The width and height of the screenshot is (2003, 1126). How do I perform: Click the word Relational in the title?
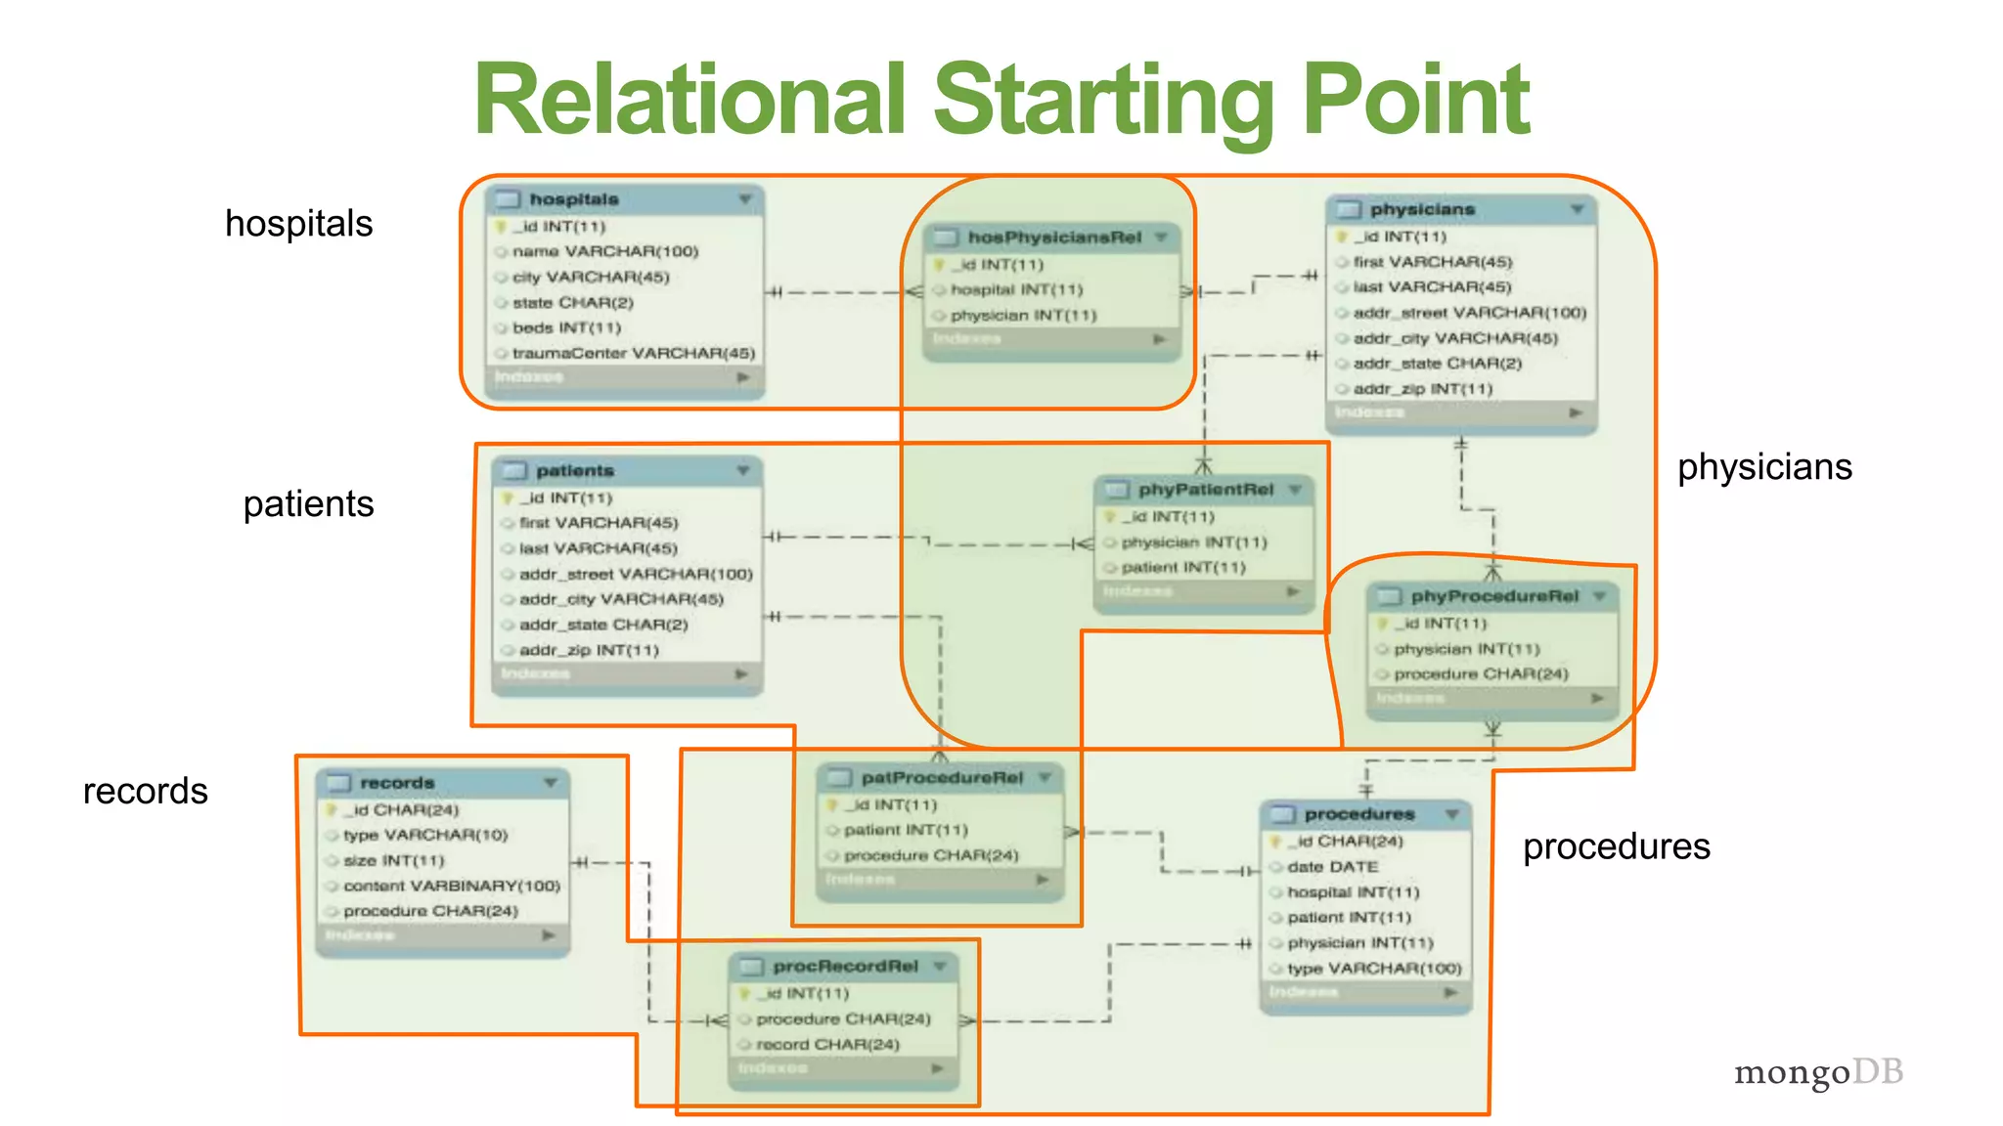tap(690, 100)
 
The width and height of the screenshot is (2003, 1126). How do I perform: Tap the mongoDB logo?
tap(1818, 1072)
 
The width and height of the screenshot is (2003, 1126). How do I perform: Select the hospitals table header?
tap(574, 199)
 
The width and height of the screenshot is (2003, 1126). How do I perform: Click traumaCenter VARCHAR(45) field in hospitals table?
tap(633, 353)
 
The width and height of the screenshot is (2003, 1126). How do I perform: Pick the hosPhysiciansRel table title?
tap(1054, 238)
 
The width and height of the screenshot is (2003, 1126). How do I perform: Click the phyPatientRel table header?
tap(1205, 490)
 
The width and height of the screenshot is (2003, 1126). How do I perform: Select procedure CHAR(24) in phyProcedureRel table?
tap(1481, 674)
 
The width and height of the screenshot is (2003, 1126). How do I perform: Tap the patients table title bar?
tap(575, 471)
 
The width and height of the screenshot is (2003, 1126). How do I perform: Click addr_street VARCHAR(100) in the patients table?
tap(636, 574)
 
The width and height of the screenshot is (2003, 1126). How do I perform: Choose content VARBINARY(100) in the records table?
tap(451, 886)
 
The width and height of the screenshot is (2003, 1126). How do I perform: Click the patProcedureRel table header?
tap(941, 778)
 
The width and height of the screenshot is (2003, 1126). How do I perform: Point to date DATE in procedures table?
tap(1332, 867)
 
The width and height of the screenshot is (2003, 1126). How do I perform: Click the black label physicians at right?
tap(1764, 467)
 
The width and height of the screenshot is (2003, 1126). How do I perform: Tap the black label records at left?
tap(146, 791)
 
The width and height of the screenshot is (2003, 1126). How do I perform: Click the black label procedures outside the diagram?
tap(1616, 846)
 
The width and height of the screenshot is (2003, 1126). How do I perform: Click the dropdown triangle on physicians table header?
tap(1577, 210)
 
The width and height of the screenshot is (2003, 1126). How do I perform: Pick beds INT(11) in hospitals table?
tap(566, 327)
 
